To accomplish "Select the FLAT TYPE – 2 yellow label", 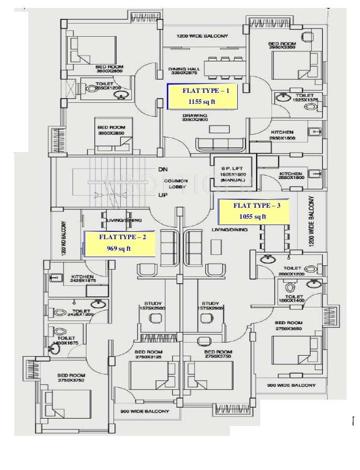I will (119, 243).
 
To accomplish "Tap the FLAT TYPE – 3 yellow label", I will (253, 211).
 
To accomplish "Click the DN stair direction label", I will (163, 169).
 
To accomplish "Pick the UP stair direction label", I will (163, 195).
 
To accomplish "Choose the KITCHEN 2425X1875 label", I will (82, 279).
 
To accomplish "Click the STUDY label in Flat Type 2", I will (154, 306).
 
